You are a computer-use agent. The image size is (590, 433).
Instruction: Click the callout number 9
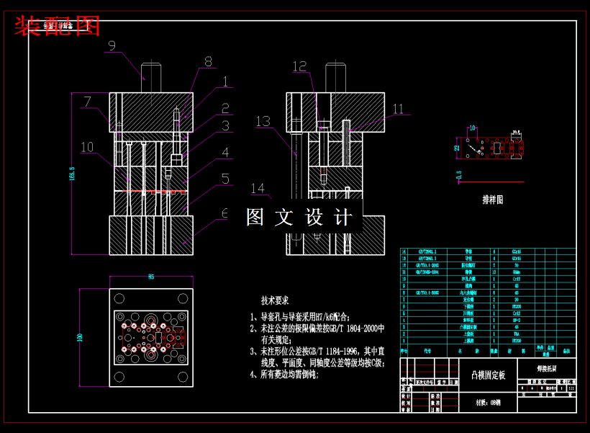tap(111, 45)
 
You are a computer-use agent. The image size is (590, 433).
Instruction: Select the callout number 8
tap(208, 62)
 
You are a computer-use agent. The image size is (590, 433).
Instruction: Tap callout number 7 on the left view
tap(87, 102)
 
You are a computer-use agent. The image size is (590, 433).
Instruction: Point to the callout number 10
tap(87, 148)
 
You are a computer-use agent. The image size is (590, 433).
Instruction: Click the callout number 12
tap(299, 66)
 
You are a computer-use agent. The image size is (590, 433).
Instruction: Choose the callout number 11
tap(398, 110)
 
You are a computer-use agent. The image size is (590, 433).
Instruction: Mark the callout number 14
tap(258, 189)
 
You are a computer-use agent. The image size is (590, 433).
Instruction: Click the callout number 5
tap(225, 179)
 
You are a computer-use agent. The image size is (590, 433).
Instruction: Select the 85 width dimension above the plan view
tap(151, 277)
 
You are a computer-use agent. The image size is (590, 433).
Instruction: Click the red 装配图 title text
tap(57, 27)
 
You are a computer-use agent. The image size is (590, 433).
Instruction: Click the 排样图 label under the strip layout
tap(492, 200)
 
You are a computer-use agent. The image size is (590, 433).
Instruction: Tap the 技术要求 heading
tap(274, 300)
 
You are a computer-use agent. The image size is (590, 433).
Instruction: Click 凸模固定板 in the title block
tap(488, 375)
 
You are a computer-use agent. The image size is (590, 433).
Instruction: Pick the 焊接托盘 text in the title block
tap(546, 367)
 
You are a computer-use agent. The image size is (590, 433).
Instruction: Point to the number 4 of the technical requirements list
tap(253, 375)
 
